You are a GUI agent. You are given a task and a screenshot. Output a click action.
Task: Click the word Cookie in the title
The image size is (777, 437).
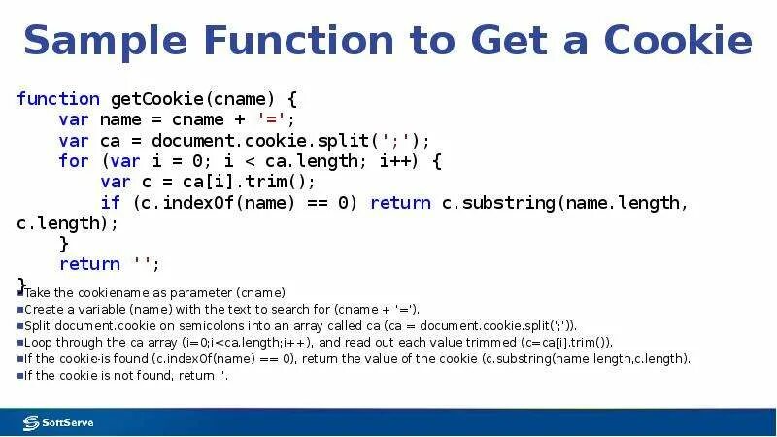(x=678, y=41)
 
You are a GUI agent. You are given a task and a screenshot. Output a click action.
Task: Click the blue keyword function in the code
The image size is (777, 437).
(x=58, y=99)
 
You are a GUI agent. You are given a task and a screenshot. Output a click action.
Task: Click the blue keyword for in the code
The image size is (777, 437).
(x=73, y=161)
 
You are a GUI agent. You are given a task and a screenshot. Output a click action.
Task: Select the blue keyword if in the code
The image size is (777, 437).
(x=111, y=203)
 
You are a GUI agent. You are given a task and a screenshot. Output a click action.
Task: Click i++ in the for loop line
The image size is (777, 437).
(x=392, y=161)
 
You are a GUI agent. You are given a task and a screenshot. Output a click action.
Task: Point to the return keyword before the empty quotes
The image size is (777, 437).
(x=89, y=264)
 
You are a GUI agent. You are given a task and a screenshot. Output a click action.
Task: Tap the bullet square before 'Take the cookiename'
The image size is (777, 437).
(x=19, y=291)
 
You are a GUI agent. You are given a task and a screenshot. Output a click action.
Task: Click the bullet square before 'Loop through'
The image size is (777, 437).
(x=19, y=343)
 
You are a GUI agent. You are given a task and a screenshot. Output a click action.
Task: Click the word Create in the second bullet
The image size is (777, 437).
(x=44, y=309)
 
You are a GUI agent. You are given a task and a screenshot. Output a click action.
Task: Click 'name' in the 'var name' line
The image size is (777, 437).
(x=120, y=119)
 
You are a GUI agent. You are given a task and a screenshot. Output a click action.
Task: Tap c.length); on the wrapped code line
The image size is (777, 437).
(x=67, y=222)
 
